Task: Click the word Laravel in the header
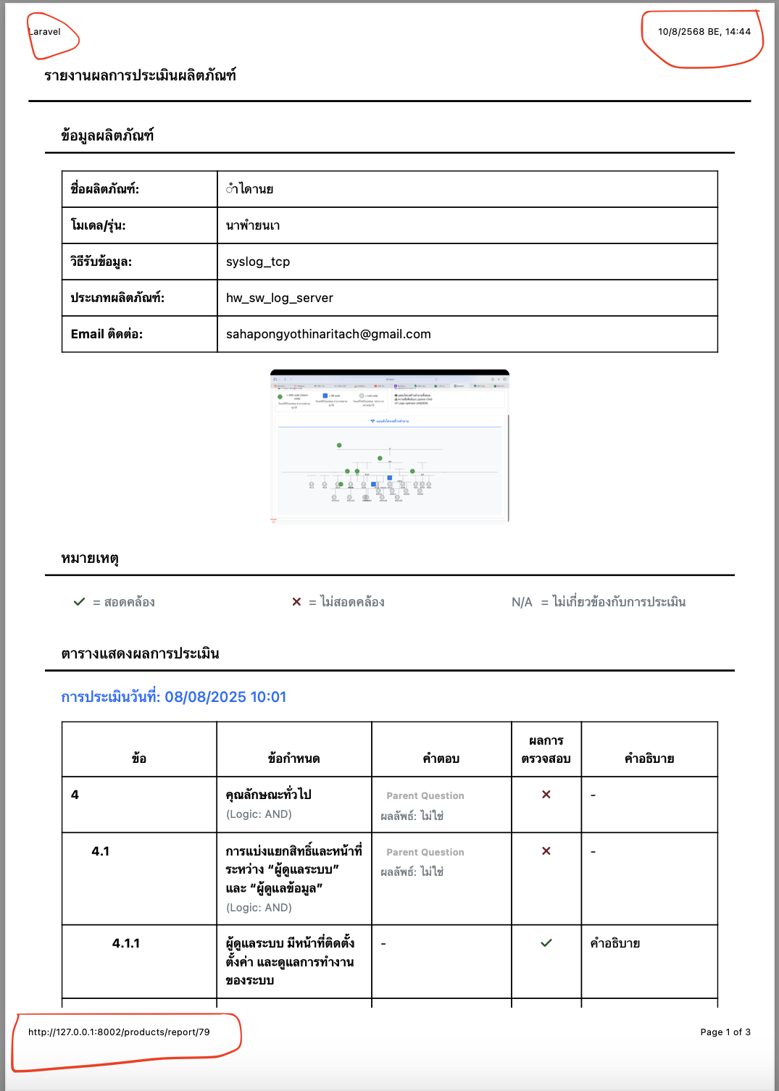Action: pos(45,32)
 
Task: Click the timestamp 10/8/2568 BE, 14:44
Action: pos(704,32)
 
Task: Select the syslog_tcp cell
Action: pos(258,262)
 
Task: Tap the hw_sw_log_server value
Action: pos(280,298)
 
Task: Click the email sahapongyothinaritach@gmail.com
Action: pos(328,334)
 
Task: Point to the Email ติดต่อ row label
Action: pos(107,334)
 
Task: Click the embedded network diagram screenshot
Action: pos(390,446)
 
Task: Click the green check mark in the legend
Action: pos(80,602)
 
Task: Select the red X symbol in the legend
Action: pos(296,602)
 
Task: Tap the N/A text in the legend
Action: pos(522,602)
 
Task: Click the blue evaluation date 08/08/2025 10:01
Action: pos(225,697)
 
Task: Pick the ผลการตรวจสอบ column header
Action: pos(546,750)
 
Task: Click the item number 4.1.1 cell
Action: pos(126,943)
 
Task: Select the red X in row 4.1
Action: pos(546,851)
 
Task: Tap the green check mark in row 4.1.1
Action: pos(546,943)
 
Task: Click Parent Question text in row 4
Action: pos(425,795)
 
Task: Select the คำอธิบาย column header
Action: pos(649,758)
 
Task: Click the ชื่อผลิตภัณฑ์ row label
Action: pos(105,189)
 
